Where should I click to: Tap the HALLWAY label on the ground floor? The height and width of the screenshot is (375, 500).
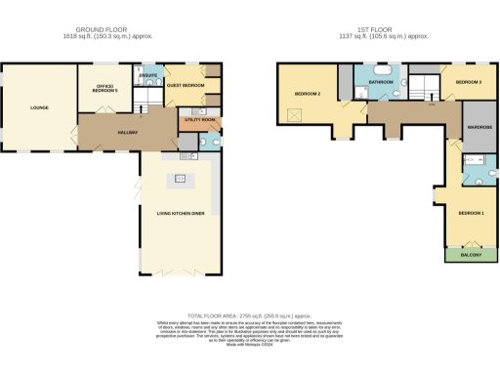click(127, 132)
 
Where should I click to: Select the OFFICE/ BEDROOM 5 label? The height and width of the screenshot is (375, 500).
click(104, 89)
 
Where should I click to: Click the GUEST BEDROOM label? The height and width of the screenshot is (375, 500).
click(185, 86)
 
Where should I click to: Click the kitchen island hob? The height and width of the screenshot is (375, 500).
click(180, 178)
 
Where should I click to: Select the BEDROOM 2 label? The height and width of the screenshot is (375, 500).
click(308, 94)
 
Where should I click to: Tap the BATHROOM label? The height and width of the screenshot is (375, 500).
click(381, 83)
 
